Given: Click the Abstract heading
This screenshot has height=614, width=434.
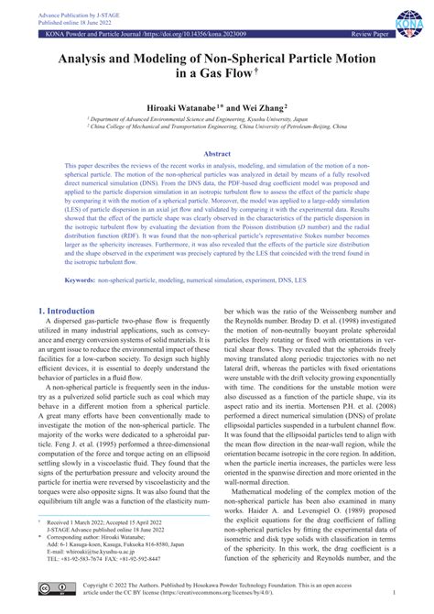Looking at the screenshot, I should [x=217, y=155].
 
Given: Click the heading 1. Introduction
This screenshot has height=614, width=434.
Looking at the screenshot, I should [x=70, y=312].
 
